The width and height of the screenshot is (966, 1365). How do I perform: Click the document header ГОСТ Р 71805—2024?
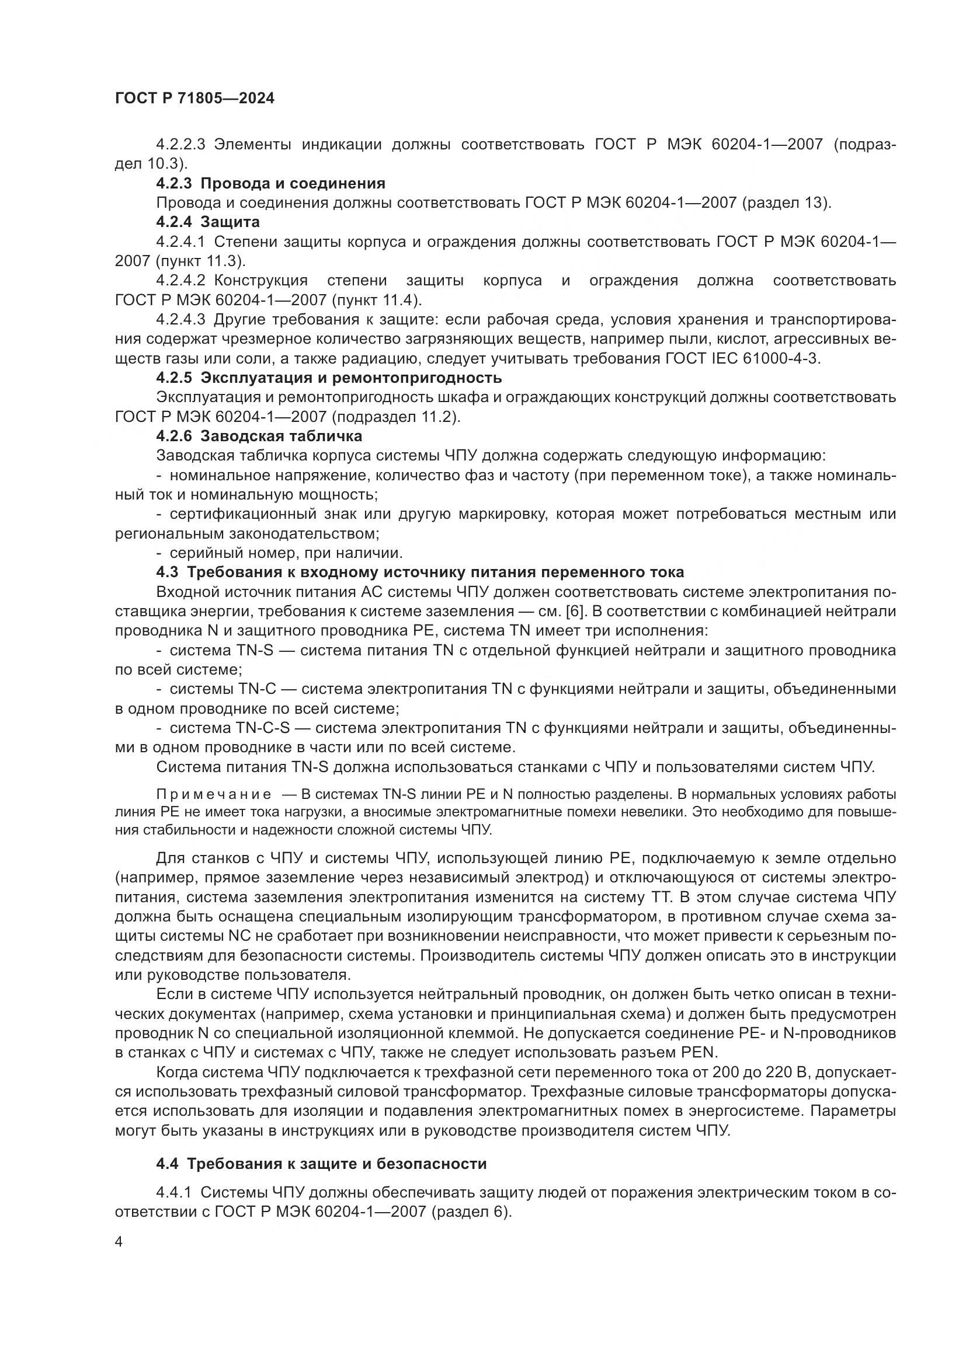pyautogui.click(x=194, y=99)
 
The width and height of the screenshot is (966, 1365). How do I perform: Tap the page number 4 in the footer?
pyautogui.click(x=119, y=1242)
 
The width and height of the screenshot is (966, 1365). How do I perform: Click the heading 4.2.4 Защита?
pyautogui.click(x=207, y=222)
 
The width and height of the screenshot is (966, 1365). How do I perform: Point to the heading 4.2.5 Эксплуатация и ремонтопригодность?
pyautogui.click(x=328, y=378)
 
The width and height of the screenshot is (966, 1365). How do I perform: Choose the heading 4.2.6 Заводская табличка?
pyautogui.click(x=259, y=437)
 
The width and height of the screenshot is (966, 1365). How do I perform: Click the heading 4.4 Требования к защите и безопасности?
pyautogui.click(x=321, y=1164)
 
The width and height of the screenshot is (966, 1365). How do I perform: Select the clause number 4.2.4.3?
pyautogui.click(x=181, y=320)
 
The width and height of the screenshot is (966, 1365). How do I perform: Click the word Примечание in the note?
pyautogui.click(x=214, y=795)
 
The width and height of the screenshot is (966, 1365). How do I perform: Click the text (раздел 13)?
pyautogui.click(x=786, y=203)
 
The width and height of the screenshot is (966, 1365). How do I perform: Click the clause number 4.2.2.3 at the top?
pyautogui.click(x=181, y=145)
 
